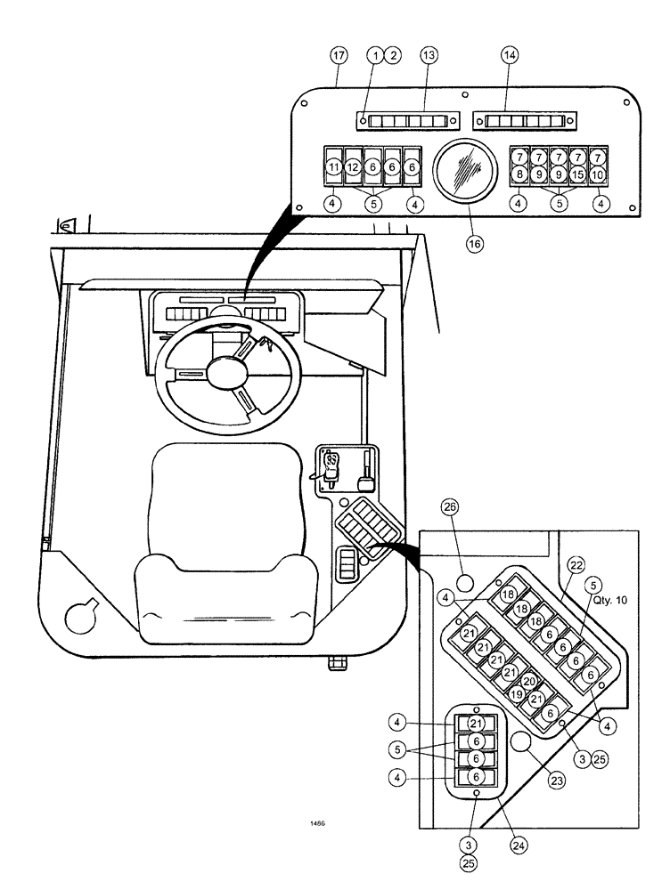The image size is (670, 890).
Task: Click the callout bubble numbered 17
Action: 338,55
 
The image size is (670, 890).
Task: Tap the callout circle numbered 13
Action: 429,55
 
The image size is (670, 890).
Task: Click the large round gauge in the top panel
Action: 464,172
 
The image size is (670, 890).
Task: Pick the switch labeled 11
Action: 333,166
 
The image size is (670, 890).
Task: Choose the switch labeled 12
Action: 353,166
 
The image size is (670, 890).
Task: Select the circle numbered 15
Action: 577,174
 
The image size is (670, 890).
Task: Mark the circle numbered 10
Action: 597,174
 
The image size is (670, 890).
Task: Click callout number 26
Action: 450,508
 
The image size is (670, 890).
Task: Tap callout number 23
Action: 557,781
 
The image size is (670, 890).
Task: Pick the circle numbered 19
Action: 517,694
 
